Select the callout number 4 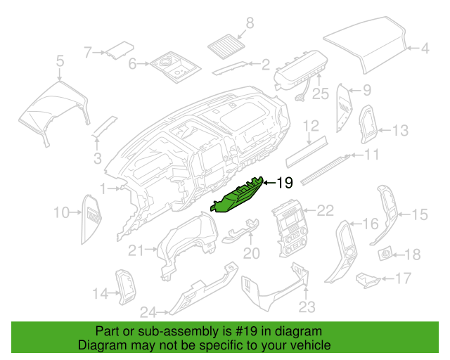(425, 49)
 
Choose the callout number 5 (60, 62)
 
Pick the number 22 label (325, 210)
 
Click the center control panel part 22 (289, 229)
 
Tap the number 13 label (399, 131)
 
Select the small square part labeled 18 (386, 252)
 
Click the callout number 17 (403, 279)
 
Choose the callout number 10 (61, 212)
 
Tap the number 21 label (136, 250)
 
